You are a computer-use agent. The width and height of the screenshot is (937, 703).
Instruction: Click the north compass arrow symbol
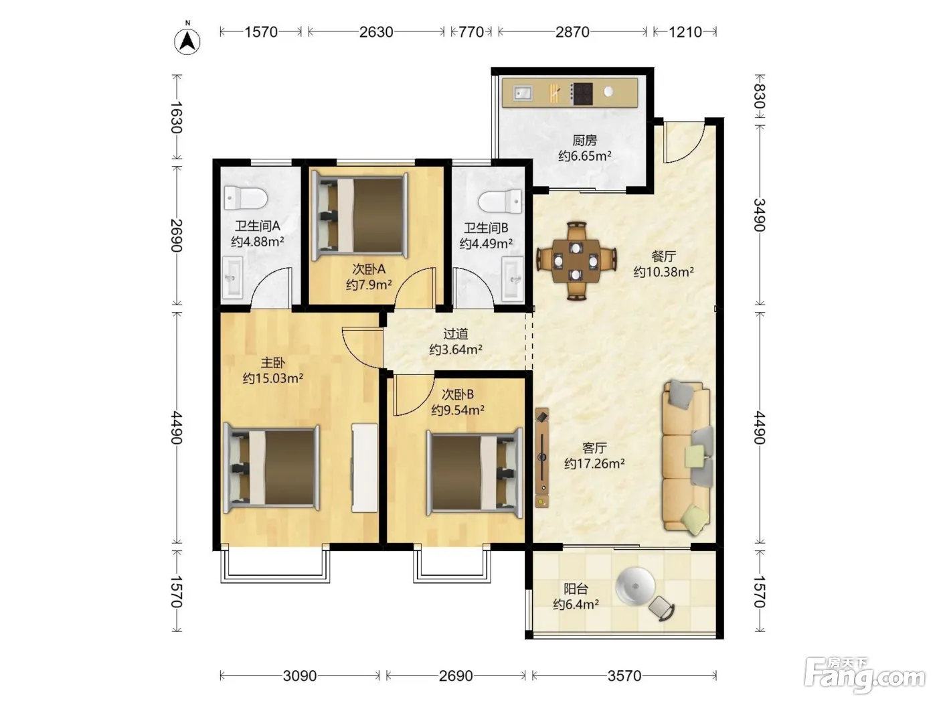click(187, 42)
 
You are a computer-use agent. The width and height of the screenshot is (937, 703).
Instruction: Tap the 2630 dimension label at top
click(376, 32)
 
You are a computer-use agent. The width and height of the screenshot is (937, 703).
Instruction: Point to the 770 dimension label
click(471, 32)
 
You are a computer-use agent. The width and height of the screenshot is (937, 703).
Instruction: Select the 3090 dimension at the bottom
click(300, 676)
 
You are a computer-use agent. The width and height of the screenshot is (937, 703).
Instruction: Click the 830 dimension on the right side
click(759, 96)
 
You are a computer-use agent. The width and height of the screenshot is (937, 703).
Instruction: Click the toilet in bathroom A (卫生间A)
click(246, 198)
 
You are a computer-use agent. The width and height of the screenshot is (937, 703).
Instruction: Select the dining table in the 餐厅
click(576, 260)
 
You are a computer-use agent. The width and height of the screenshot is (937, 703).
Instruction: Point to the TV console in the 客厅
click(542, 457)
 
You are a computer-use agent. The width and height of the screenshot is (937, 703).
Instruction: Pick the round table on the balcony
click(635, 586)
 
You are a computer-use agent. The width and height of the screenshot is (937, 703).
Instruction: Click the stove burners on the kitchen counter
click(582, 94)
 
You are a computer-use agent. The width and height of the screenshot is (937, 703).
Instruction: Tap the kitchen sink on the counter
click(523, 92)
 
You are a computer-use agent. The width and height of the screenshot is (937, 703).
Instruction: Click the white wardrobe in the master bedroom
click(365, 467)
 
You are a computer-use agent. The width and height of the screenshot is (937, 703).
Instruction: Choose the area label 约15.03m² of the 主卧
click(273, 378)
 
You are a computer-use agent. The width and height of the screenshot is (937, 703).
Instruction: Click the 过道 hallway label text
click(456, 333)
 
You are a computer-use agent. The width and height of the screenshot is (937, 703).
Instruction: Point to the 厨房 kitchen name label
click(584, 140)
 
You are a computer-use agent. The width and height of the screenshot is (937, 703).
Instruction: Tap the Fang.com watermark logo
click(865, 676)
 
